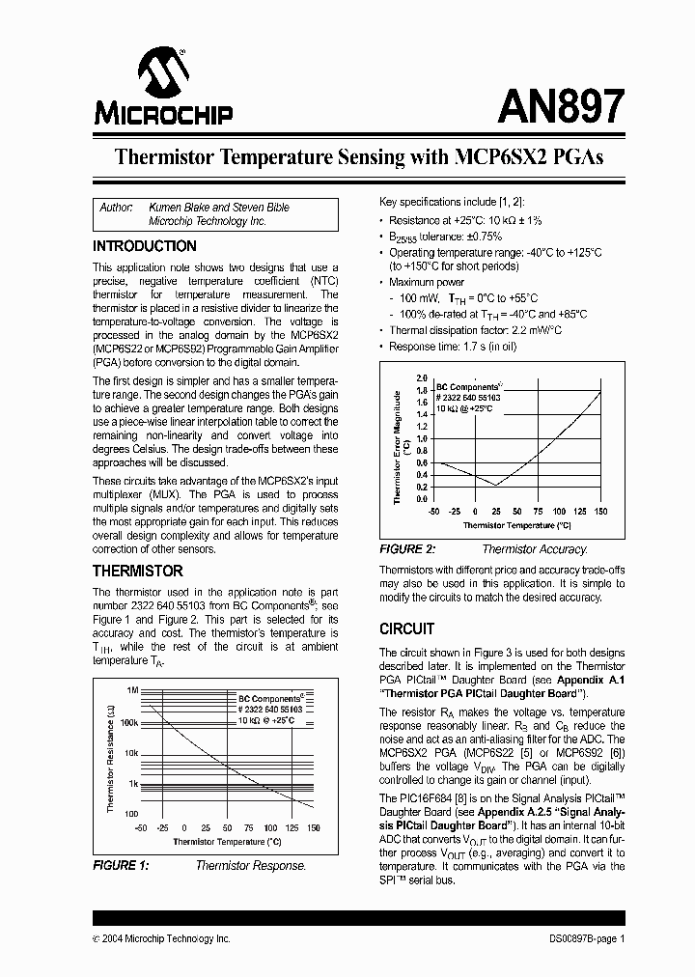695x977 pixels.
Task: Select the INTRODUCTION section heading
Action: point(144,246)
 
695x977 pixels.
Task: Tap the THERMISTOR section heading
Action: point(137,571)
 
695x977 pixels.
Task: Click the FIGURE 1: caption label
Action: point(121,866)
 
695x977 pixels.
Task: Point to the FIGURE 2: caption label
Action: point(407,548)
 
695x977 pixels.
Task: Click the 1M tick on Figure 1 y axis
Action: point(132,691)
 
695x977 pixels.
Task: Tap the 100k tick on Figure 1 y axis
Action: point(129,722)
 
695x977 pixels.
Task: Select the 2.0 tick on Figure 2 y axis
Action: point(421,377)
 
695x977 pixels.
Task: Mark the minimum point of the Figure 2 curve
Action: point(496,485)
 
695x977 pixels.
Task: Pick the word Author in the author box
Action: point(117,208)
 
